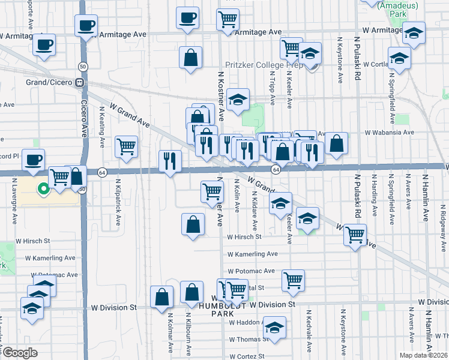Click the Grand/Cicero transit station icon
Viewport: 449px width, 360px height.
[x=79, y=83]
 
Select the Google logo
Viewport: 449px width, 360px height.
[x=20, y=352]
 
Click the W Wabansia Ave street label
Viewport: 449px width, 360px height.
[x=389, y=132]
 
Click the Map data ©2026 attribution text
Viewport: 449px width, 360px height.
[x=424, y=355]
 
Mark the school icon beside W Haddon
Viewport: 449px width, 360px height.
[x=275, y=327]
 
